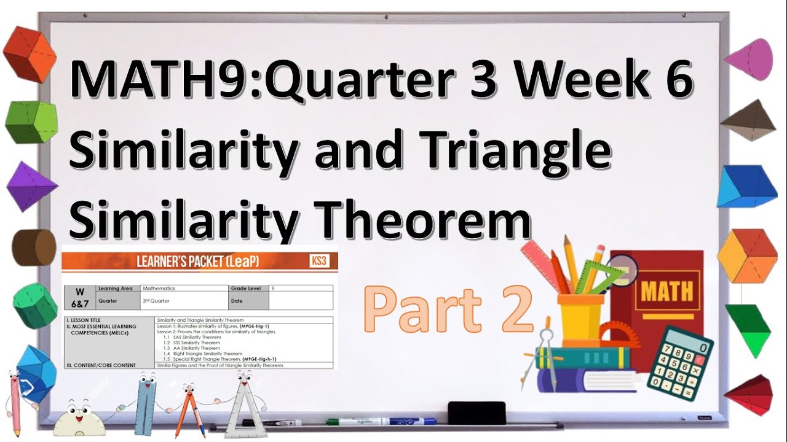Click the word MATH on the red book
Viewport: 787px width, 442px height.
(666, 290)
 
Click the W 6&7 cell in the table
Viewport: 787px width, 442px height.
(79, 297)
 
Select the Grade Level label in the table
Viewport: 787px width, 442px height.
(247, 288)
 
